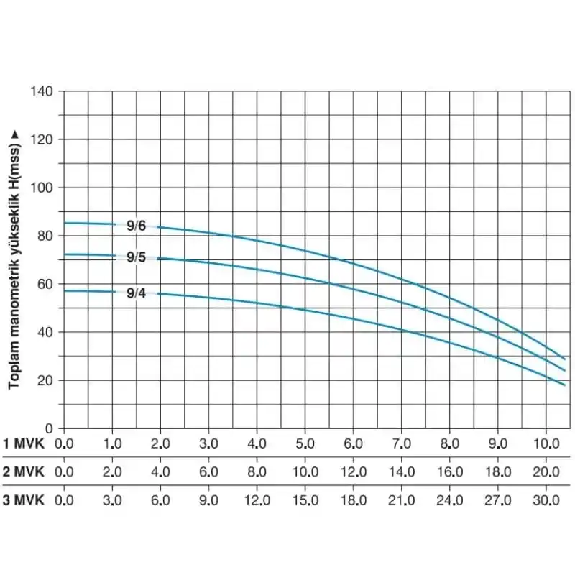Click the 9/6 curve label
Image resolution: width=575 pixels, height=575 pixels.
pos(136,226)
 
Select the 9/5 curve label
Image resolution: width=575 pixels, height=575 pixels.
pos(136,257)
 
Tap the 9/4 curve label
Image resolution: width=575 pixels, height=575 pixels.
pos(136,293)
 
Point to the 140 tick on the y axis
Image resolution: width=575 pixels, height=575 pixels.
pos(43,91)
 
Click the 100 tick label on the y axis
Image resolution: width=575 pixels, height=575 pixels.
pos(43,188)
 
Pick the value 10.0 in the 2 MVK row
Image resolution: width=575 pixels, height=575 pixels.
pos(305,471)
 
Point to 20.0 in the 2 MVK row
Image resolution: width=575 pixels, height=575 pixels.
pos(546,471)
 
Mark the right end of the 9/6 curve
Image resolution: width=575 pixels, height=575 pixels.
pos(565,358)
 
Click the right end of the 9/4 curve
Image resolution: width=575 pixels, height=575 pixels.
pos(565,385)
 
